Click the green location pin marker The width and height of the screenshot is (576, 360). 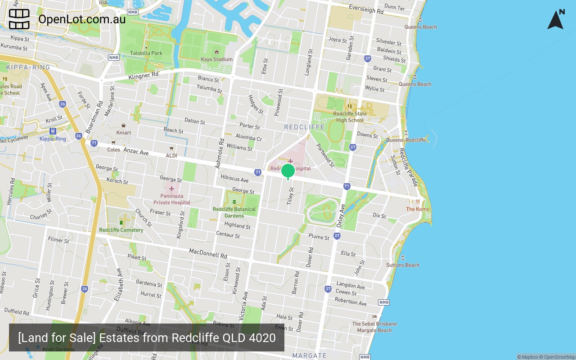coord(288,171)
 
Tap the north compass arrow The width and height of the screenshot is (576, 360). coord(556,20)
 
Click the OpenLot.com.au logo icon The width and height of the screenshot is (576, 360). coord(19,19)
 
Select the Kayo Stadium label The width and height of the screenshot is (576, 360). coord(217,59)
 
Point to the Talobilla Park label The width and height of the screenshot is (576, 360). coord(146,53)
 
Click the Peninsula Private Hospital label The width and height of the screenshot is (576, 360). coord(171,199)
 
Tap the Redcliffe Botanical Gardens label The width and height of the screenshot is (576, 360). coord(234,212)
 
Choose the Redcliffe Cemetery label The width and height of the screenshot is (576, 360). coord(121,230)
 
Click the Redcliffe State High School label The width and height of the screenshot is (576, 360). coord(350,117)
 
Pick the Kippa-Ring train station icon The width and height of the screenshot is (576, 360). coord(53,131)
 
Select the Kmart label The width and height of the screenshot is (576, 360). coord(124,133)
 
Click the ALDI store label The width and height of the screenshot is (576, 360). coord(171,155)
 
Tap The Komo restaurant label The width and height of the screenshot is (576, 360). coord(418,209)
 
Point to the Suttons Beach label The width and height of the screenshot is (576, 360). coord(403,265)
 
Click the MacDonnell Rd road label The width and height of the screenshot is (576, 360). coord(208,253)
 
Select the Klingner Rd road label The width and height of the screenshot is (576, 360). coord(144,76)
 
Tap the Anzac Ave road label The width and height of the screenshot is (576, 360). coord(136,153)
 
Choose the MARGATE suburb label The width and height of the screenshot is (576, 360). coord(310,355)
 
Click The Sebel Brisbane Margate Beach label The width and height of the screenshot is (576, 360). coord(374,327)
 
